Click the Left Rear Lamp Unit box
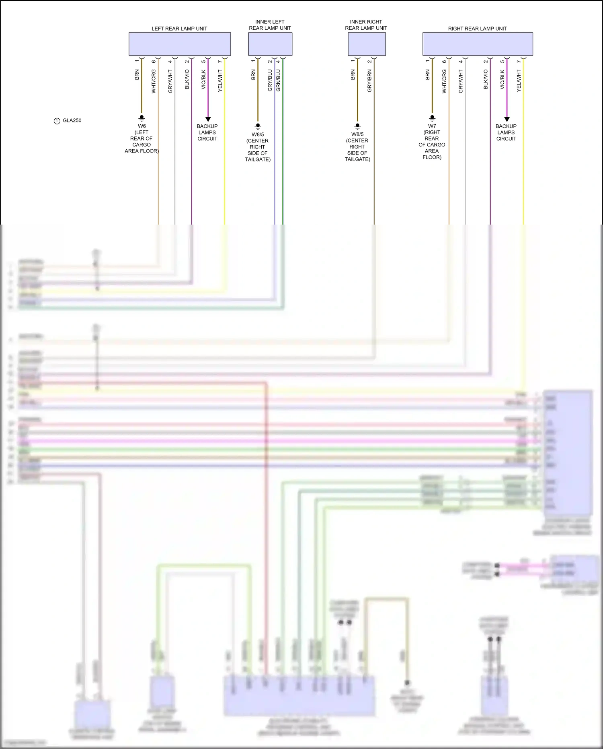coord(179,44)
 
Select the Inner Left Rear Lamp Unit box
coord(270,44)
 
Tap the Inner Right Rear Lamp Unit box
coord(367,44)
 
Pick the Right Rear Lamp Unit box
coord(478,44)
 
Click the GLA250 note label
coord(72,120)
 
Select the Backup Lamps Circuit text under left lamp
coord(207,132)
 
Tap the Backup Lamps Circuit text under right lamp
coord(506,132)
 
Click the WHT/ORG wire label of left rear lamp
coord(154,81)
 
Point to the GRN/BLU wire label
coord(278,80)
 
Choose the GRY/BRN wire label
coord(369,81)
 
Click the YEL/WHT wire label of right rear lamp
coord(519,81)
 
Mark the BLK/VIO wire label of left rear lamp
coord(187,79)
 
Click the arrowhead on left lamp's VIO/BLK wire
coord(208,119)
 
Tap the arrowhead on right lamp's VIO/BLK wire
coord(507,119)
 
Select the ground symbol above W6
coord(142,118)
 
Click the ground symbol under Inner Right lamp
coord(357,126)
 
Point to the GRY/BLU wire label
coord(270,80)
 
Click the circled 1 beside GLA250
coord(57,121)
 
